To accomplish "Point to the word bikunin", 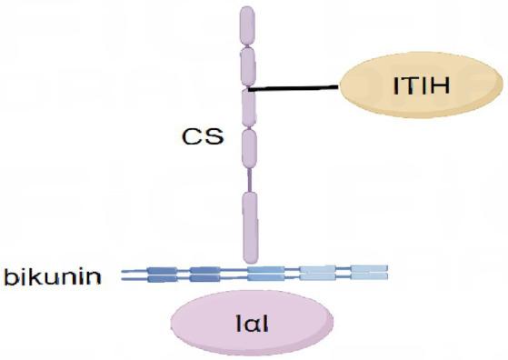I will [56, 274].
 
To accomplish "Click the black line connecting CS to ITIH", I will [295, 89].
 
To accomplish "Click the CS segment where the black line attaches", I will [247, 106].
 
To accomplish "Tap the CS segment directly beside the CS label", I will [247, 147].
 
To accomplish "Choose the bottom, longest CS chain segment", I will [248, 227].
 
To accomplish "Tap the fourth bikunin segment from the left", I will [317, 273].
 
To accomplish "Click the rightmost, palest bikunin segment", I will [369, 273].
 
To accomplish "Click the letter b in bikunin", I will [11, 274].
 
